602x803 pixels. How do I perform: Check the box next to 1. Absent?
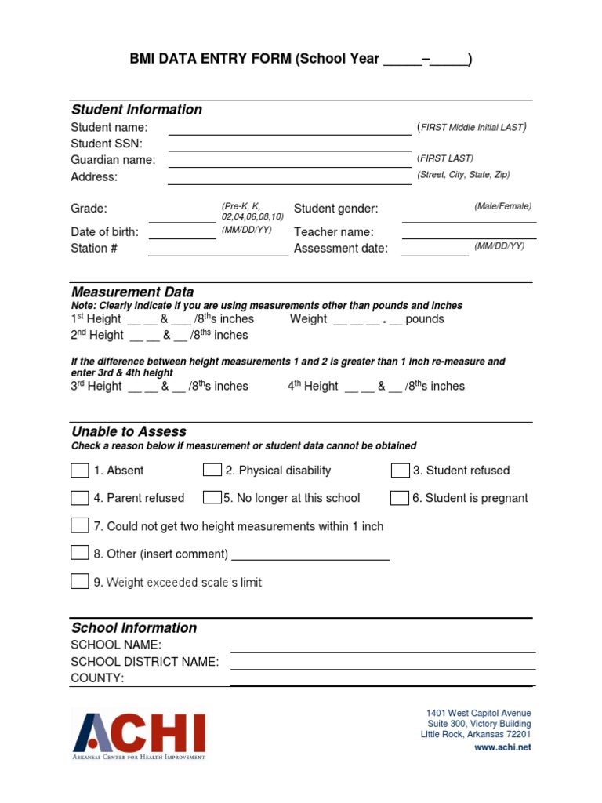79,471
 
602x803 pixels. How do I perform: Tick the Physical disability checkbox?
212,470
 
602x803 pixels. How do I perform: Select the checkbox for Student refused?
400,471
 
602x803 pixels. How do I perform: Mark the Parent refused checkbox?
79,498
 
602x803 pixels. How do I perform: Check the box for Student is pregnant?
400,498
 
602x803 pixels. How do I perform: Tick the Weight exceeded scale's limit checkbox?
79,582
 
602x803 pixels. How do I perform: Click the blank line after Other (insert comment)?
310,558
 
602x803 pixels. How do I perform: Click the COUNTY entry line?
383,682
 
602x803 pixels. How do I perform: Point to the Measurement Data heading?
132,292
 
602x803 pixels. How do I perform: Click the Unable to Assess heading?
129,431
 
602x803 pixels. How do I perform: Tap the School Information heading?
134,628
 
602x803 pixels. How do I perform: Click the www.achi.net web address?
502,747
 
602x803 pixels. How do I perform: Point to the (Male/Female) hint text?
502,206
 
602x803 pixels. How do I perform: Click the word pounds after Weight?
425,319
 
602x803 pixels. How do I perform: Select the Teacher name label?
333,232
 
